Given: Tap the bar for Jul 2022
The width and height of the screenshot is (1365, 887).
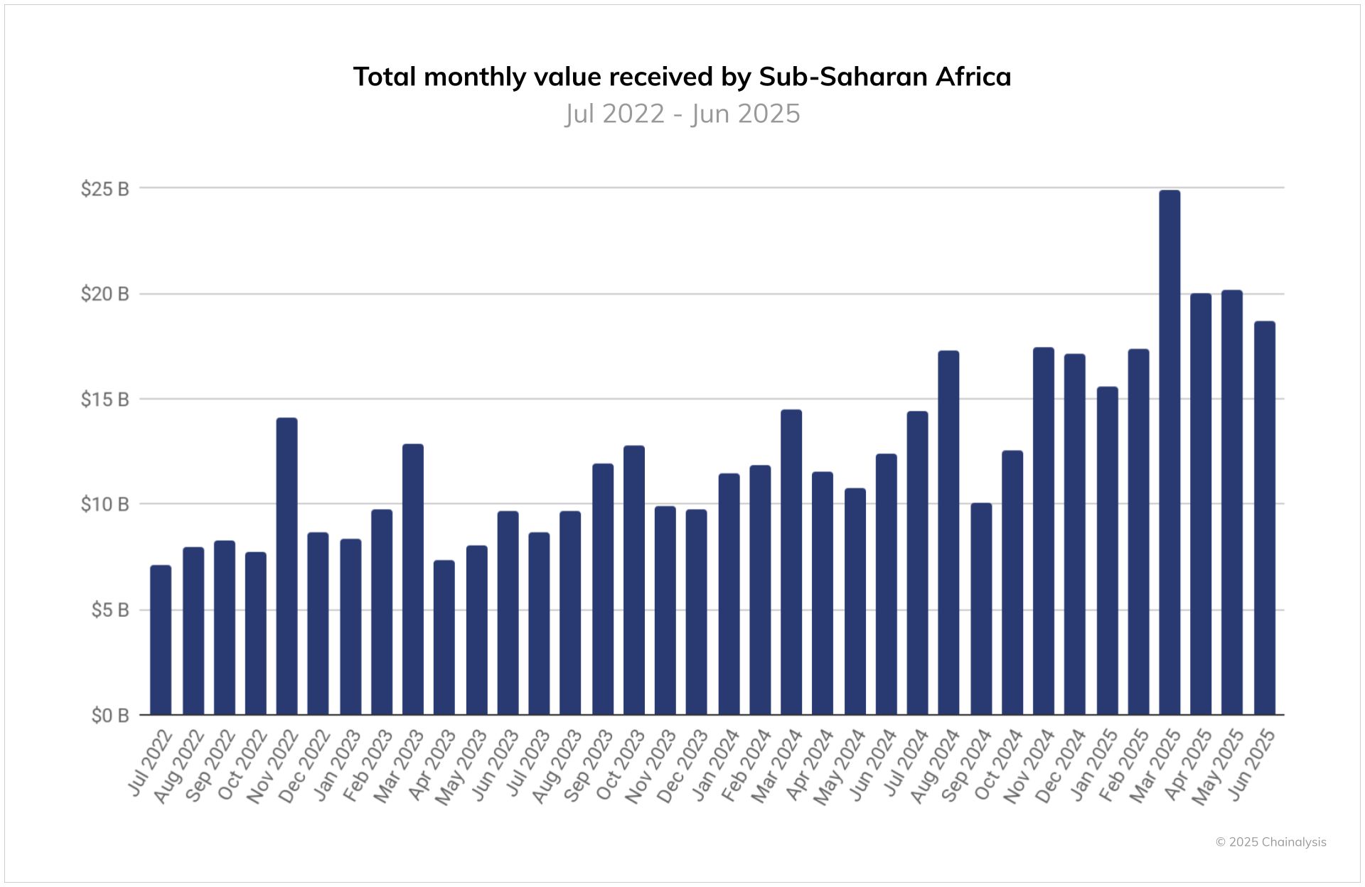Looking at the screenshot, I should point(161,640).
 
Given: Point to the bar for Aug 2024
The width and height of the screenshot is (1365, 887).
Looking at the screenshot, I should point(948,533).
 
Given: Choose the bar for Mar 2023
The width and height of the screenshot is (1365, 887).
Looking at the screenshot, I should point(412,579).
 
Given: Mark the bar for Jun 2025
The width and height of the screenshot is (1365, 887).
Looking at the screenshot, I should point(1264,518).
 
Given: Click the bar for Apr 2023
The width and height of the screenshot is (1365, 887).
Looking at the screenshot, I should point(444,638).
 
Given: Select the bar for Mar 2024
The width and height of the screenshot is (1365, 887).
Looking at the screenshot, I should point(791,562).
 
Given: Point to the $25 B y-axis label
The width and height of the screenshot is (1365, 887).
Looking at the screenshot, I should point(105,189).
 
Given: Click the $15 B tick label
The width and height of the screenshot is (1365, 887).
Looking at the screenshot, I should point(105,399).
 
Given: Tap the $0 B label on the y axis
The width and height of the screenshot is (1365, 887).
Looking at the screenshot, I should point(109,716).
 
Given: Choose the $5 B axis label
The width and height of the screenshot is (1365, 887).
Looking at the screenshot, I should point(109,611).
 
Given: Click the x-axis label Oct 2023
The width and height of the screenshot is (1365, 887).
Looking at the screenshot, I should point(621,765).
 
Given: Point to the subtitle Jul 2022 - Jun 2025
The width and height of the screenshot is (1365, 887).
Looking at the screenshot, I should point(682,114).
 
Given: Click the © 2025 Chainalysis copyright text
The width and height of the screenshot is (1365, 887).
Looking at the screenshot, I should point(1270,842).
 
